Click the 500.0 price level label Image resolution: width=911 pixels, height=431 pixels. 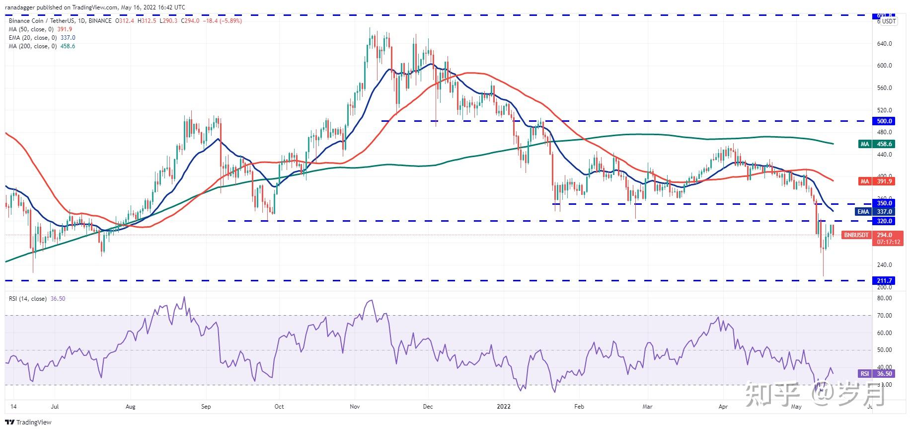click(885, 121)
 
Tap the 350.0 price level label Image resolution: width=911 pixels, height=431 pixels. click(885, 203)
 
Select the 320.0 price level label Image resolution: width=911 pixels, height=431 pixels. click(885, 221)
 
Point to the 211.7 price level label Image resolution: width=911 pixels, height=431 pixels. click(885, 280)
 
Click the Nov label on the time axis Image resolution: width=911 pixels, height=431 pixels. click(355, 407)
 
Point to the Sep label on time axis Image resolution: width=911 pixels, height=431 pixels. click(206, 407)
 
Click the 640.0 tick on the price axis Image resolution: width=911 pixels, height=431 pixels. click(885, 44)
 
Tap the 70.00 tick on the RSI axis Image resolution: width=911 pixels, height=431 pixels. click(885, 316)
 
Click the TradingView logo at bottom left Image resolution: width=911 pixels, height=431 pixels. click(29, 423)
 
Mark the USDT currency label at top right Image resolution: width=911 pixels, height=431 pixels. click(889, 21)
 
